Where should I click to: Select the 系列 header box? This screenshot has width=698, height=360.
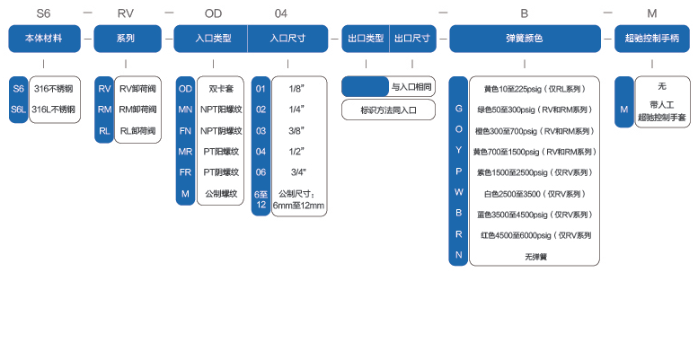125,39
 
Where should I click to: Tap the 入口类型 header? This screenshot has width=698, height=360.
213,39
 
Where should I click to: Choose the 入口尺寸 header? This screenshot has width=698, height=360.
288,39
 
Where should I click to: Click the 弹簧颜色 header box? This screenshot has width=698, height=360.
525,39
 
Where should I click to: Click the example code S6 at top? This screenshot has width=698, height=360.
43,13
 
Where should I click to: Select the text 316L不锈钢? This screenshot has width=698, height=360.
54,110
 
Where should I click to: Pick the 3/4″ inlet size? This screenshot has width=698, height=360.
296,171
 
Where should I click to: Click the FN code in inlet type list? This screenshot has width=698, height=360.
185,130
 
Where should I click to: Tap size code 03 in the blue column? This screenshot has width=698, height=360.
261,130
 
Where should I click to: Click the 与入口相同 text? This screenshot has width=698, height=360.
411,87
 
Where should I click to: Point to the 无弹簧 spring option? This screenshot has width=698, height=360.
535,256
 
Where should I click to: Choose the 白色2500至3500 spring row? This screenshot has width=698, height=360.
535,193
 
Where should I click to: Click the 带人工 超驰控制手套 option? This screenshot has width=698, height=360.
661,111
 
